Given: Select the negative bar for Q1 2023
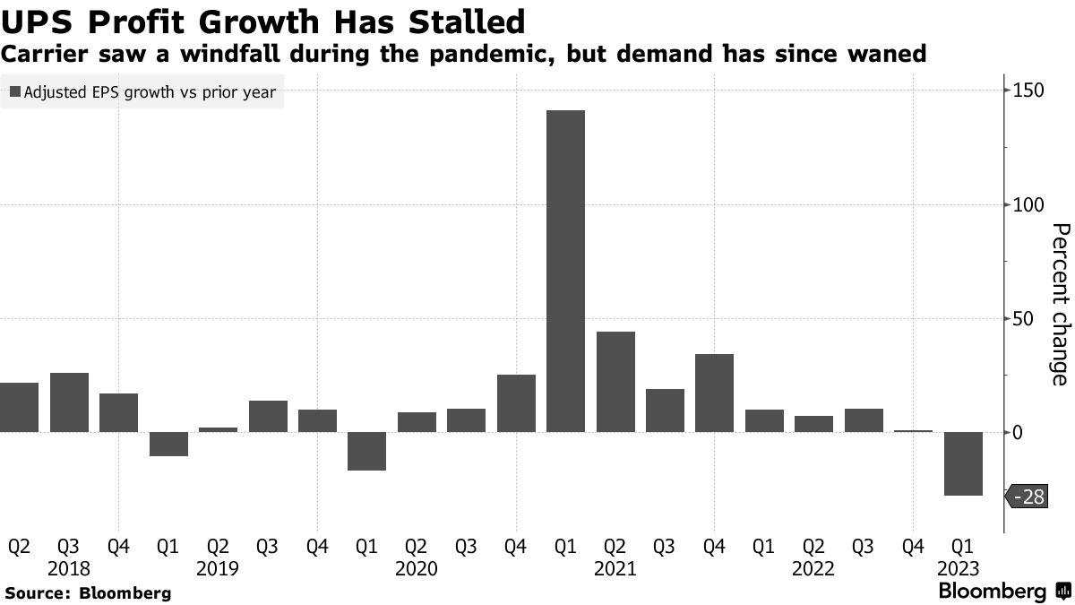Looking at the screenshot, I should [x=963, y=463].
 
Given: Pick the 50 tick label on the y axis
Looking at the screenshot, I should [x=1023, y=319].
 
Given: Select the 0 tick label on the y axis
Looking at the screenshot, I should [x=1018, y=433].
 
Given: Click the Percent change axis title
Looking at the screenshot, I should [x=1060, y=305].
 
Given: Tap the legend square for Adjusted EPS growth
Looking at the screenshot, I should [x=13, y=91].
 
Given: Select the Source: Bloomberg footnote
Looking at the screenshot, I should [x=88, y=592].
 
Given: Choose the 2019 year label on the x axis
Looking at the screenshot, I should [x=218, y=568].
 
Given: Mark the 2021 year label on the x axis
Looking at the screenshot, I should [x=615, y=568].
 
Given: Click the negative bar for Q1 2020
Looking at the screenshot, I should [x=366, y=451].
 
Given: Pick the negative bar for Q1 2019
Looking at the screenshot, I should [x=168, y=444].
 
